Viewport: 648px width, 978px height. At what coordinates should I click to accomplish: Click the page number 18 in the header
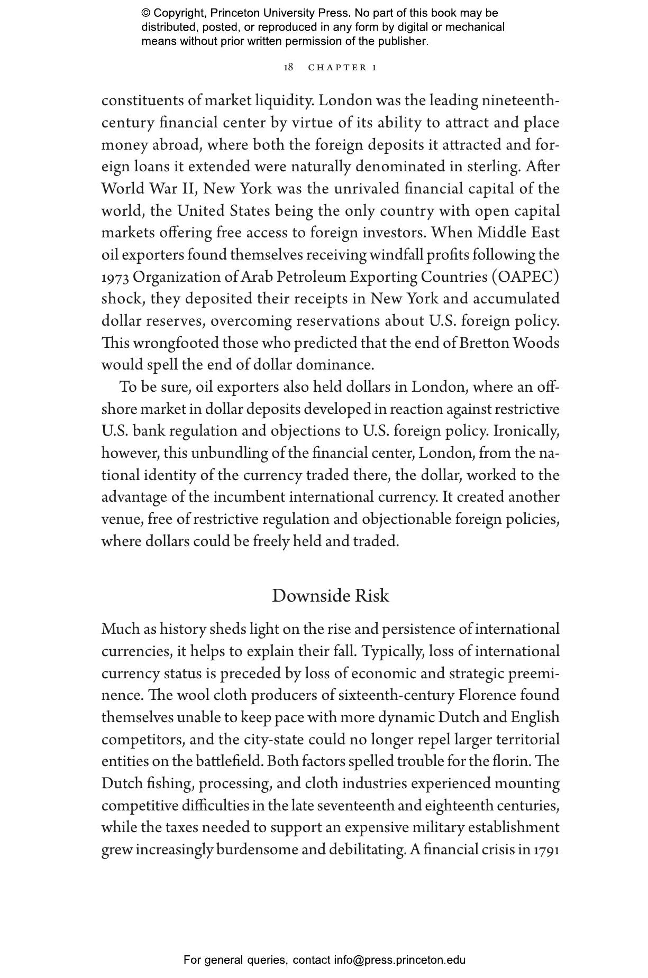pos(288,67)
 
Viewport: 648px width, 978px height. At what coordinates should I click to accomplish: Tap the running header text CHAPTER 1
pos(342,68)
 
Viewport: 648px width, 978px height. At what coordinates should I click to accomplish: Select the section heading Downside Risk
pos(330,596)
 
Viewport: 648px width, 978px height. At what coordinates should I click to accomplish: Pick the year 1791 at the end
pos(546,850)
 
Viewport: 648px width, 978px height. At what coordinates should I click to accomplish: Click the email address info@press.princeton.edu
pos(399,959)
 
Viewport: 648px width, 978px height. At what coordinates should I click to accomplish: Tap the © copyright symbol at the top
pos(146,13)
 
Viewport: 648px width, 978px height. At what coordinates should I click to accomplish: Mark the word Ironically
pos(526,431)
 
